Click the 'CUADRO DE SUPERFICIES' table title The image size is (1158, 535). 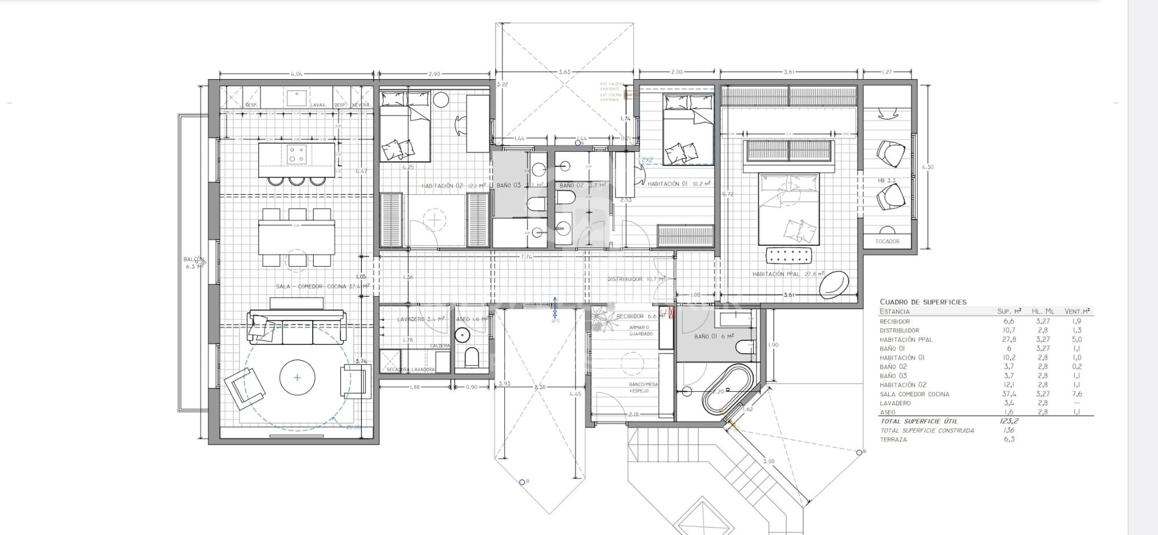tap(923, 302)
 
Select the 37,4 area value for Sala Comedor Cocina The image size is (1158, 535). tap(1009, 394)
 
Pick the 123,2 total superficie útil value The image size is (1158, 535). tap(1009, 421)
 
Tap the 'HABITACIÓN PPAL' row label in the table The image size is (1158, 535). tap(906, 340)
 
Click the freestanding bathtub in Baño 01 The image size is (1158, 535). tap(727, 390)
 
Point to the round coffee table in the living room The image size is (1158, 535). tap(297, 378)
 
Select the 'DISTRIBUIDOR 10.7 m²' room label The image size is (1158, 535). tap(636, 279)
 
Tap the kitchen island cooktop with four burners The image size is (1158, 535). tap(296, 154)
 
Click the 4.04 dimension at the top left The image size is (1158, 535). tap(296, 74)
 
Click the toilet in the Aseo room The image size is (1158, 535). tap(472, 358)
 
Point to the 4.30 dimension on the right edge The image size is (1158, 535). tap(927, 168)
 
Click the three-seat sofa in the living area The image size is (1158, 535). tap(296, 328)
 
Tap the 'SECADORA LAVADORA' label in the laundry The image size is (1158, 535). tap(411, 370)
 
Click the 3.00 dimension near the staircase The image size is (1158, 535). tap(768, 461)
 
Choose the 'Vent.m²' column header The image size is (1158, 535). tap(1077, 312)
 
